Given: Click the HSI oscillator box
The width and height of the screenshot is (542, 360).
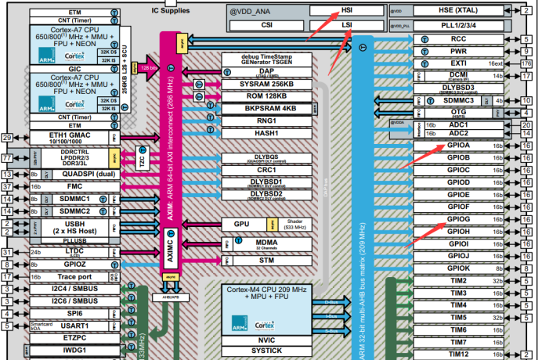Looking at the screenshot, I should [x=345, y=11].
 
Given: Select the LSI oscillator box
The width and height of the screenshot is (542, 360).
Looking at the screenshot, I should [x=345, y=25].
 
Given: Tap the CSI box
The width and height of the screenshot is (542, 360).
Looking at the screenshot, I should [x=266, y=25].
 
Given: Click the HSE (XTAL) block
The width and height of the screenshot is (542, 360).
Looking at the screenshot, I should [x=458, y=11].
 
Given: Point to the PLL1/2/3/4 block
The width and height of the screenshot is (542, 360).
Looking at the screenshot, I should [x=458, y=24].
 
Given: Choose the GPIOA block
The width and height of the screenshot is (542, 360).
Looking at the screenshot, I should [x=458, y=145].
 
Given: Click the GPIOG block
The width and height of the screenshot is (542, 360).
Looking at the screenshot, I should [x=458, y=219].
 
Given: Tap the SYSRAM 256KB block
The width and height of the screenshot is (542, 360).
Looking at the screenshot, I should [x=266, y=83].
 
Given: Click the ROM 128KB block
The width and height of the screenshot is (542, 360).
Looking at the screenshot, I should [x=266, y=96].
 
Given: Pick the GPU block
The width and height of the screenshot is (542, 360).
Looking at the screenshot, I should [x=241, y=224].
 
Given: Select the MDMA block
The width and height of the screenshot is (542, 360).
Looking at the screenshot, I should [x=266, y=242].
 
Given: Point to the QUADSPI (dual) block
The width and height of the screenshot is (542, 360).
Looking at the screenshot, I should [x=76, y=175].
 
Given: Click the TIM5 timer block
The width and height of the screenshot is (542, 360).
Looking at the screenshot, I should [x=458, y=318].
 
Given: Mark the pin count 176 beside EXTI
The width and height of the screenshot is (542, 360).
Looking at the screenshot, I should [x=526, y=63].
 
